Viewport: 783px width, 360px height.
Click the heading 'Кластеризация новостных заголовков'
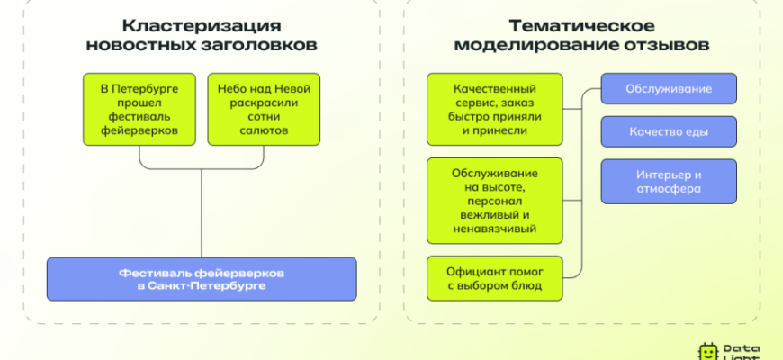click(201, 34)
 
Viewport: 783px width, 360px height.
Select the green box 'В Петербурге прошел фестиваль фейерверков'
click(139, 109)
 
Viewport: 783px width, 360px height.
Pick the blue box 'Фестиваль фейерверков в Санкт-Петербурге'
click(202, 278)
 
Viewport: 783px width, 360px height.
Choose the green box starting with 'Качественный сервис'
click(496, 109)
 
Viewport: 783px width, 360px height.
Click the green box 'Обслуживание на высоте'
click(496, 200)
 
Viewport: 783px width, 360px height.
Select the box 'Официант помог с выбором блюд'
click(496, 278)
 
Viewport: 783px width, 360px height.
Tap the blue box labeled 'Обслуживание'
click(669, 89)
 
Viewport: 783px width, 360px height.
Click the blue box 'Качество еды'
click(669, 132)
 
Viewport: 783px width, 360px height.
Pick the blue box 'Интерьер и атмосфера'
click(669, 182)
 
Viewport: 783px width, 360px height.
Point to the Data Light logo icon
click(707, 351)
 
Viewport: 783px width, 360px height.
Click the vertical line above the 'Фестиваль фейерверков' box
click(202, 211)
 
